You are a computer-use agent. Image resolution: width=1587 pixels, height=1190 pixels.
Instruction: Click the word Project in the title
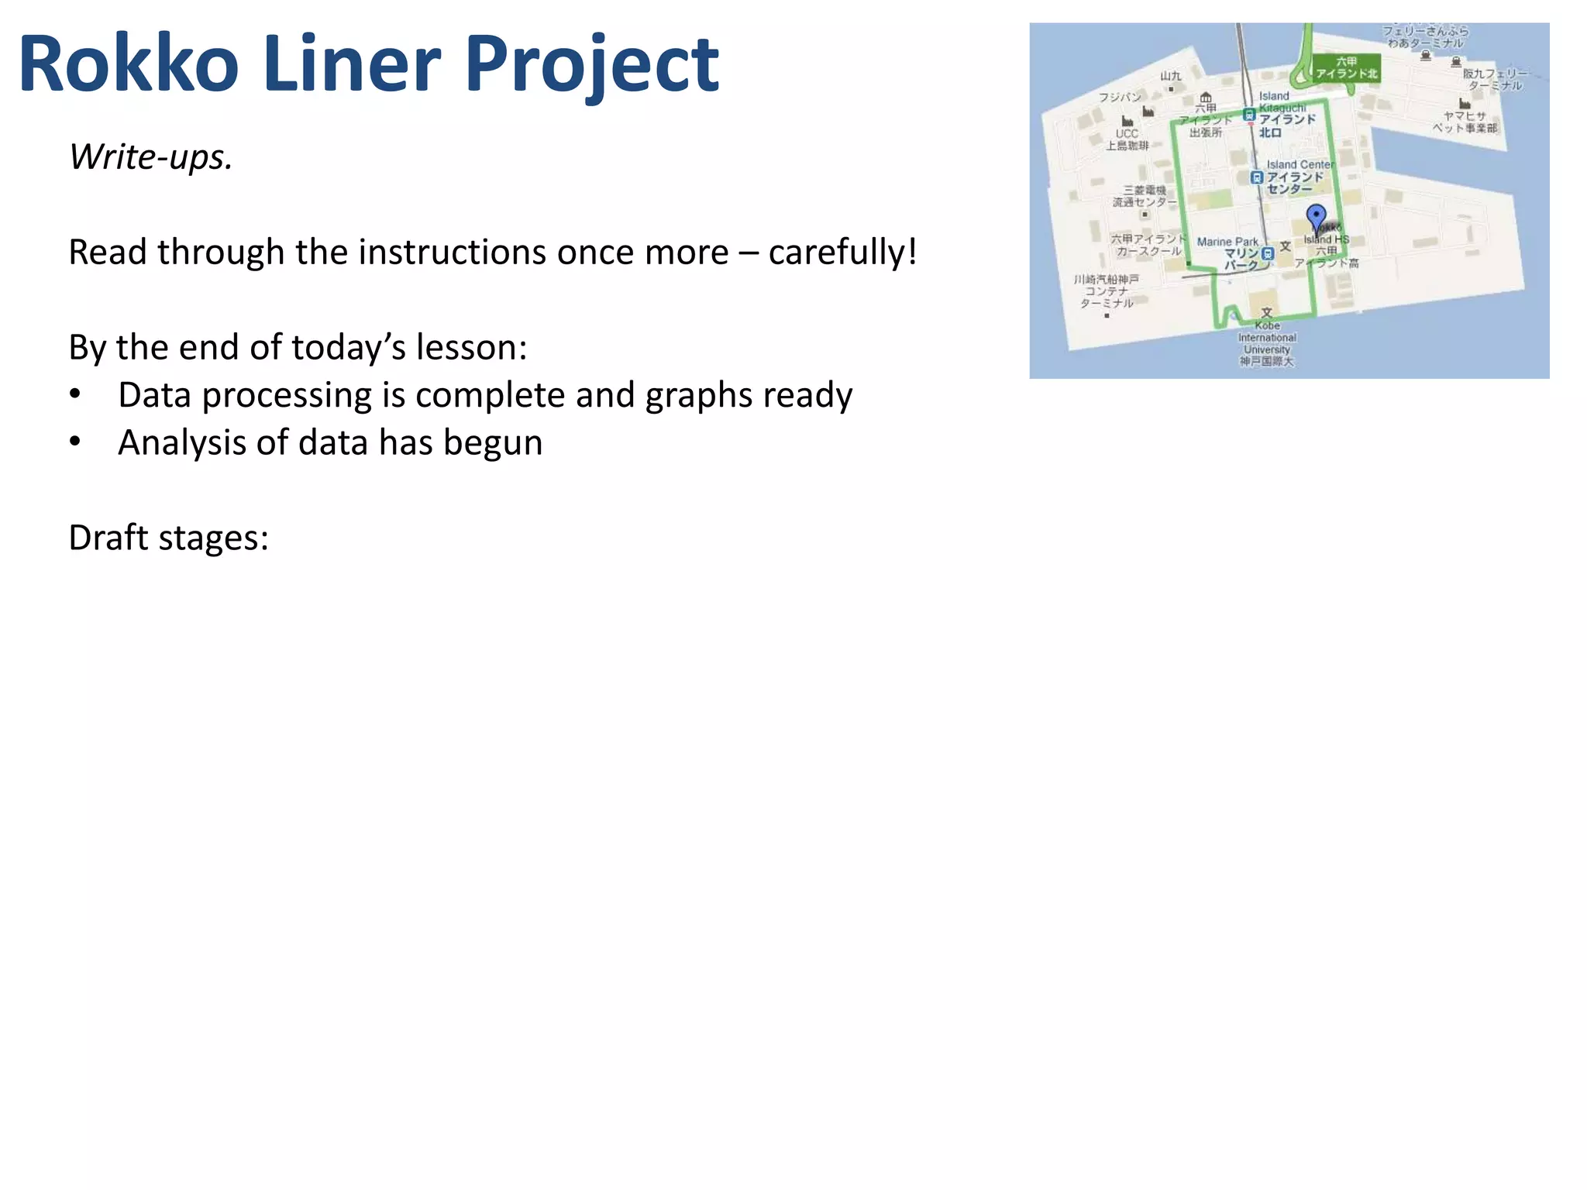(592, 66)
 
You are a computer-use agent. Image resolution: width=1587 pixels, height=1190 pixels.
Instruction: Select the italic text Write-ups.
(150, 157)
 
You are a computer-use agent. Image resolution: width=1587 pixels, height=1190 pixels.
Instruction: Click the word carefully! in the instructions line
(842, 253)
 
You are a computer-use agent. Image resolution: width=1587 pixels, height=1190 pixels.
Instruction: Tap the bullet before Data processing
(75, 394)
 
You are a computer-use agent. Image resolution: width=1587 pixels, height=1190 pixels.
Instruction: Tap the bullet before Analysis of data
(75, 442)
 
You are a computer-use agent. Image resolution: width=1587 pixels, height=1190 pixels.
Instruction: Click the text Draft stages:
(168, 538)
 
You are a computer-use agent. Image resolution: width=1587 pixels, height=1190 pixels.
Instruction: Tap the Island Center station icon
(1256, 177)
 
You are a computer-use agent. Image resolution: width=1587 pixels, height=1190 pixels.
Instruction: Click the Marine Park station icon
(1268, 253)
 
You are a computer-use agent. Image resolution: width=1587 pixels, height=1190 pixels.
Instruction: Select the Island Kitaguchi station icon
(1248, 115)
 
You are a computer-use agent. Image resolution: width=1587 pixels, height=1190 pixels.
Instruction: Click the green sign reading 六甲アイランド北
(1346, 67)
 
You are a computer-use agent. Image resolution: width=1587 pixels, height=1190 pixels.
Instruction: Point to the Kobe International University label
(1267, 338)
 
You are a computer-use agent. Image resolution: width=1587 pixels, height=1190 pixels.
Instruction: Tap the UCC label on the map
(1127, 133)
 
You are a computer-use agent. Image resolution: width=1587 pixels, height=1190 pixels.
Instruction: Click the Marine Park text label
(1227, 242)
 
